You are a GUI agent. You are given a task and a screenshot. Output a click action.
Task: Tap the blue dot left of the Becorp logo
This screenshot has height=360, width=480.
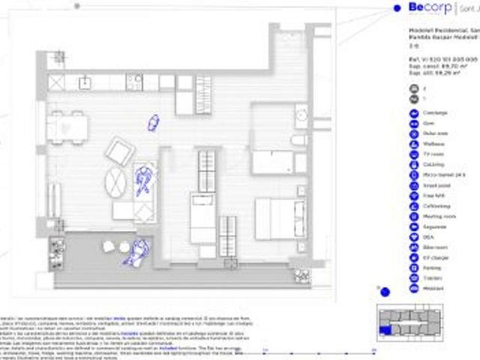396,8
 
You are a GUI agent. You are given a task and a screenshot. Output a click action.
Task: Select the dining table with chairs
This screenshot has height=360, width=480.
67,125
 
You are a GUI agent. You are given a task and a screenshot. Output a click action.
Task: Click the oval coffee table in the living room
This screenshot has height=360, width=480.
116,181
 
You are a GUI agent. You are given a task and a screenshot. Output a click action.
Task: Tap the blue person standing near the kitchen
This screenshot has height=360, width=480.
154,122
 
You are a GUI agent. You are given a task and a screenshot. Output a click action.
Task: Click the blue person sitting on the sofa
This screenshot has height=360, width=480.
142,181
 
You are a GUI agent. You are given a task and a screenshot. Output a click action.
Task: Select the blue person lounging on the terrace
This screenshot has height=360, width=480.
136,251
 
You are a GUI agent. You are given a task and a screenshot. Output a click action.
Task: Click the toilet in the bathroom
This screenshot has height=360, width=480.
298,141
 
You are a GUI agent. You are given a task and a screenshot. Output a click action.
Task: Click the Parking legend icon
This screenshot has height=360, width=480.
415,267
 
